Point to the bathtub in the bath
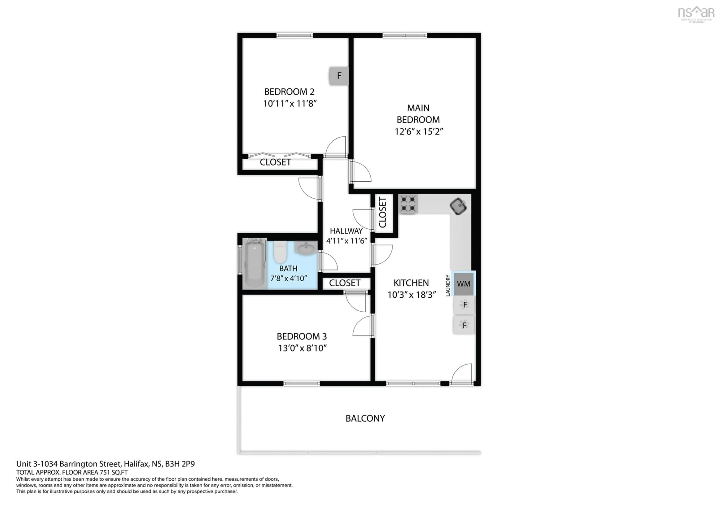tap(254, 265)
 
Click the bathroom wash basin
tap(306, 249)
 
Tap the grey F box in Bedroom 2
tap(339, 76)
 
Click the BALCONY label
tap(365, 418)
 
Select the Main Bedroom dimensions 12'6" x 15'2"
tap(418, 132)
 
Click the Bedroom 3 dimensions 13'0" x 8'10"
tap(302, 348)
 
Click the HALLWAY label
tap(346, 231)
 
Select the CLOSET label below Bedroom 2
tap(275, 162)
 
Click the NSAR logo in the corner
tap(696, 13)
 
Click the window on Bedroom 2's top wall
tap(294, 35)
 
